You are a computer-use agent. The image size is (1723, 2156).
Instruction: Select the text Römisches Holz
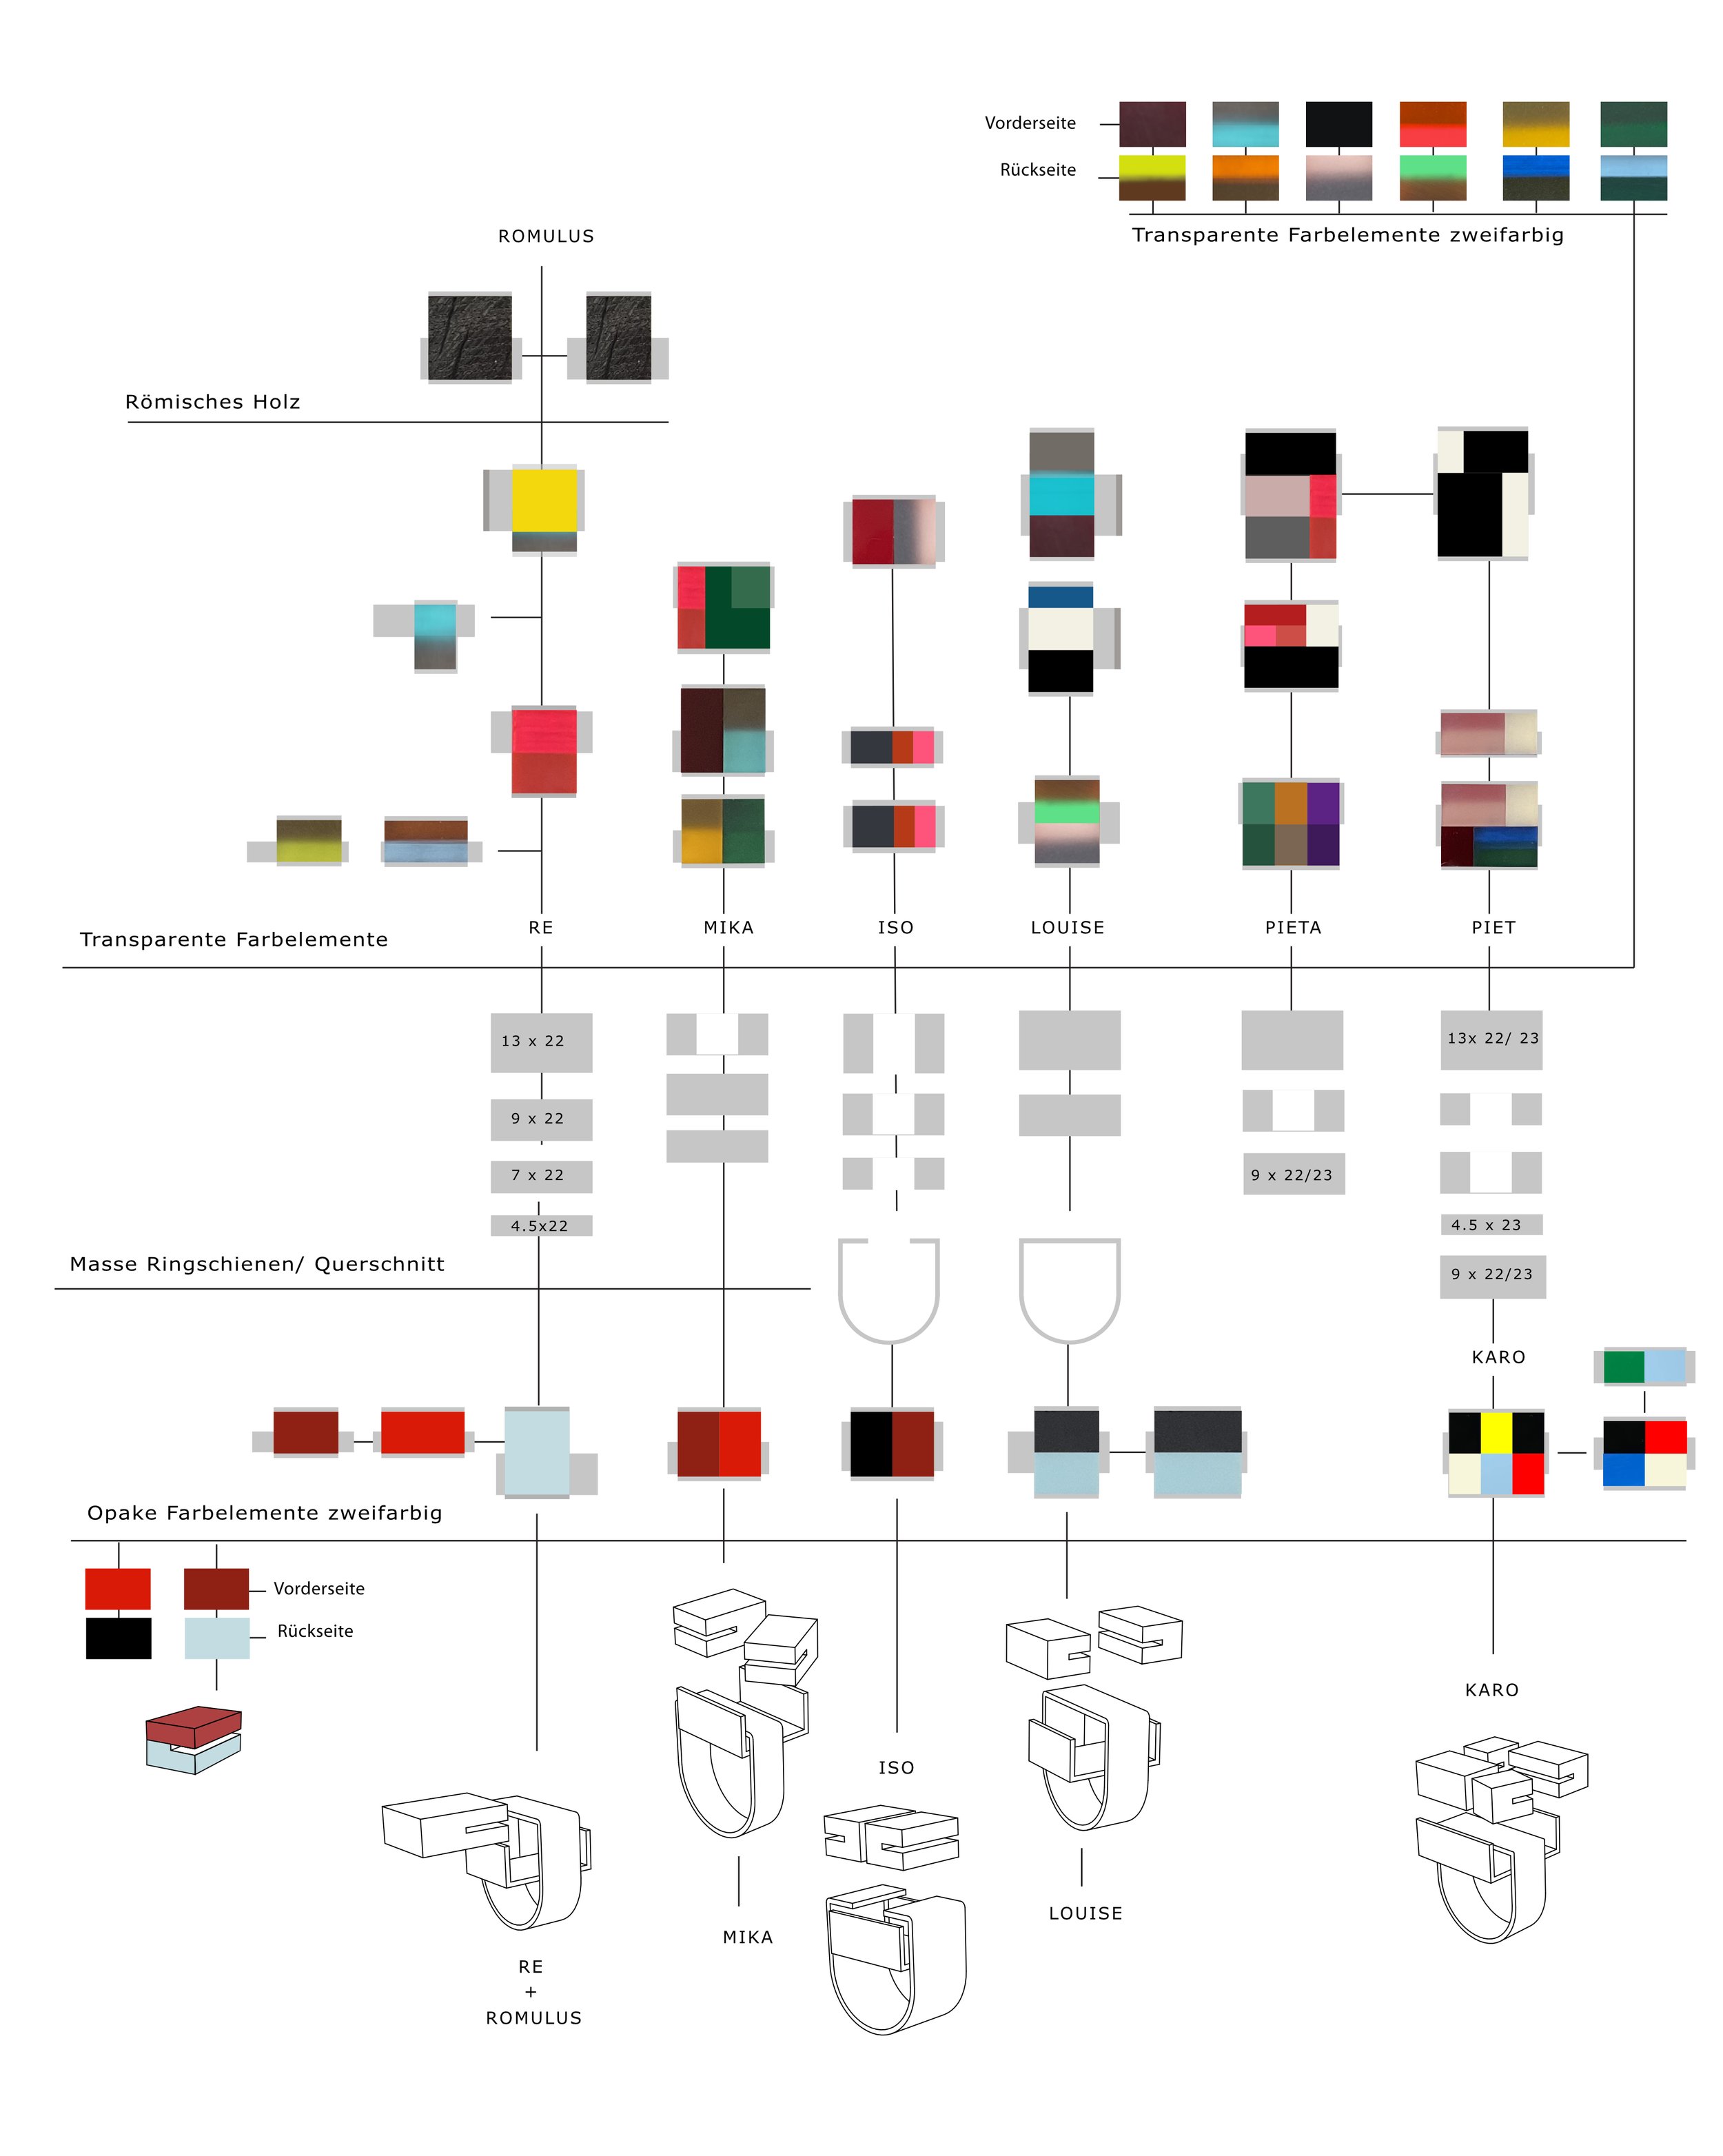212,402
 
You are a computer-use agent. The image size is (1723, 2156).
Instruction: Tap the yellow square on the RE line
544,500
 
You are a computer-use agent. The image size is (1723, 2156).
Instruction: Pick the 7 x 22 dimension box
540,1176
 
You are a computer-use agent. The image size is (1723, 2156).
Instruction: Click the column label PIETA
1293,928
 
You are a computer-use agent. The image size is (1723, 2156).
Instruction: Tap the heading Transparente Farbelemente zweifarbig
1347,235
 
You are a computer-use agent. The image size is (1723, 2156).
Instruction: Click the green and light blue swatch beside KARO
1644,1366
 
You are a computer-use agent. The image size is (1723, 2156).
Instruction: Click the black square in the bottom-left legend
118,1638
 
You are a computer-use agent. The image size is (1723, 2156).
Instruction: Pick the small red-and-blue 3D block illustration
193,1740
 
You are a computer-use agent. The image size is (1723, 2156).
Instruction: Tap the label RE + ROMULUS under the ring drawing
533,1992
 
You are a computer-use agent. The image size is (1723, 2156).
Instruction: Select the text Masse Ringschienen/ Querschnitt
257,1264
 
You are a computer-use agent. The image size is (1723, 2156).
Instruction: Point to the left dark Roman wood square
469,337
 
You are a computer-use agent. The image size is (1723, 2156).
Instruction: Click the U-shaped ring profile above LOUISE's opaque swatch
1069,1290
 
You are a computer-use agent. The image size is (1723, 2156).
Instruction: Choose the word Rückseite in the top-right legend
1038,170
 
